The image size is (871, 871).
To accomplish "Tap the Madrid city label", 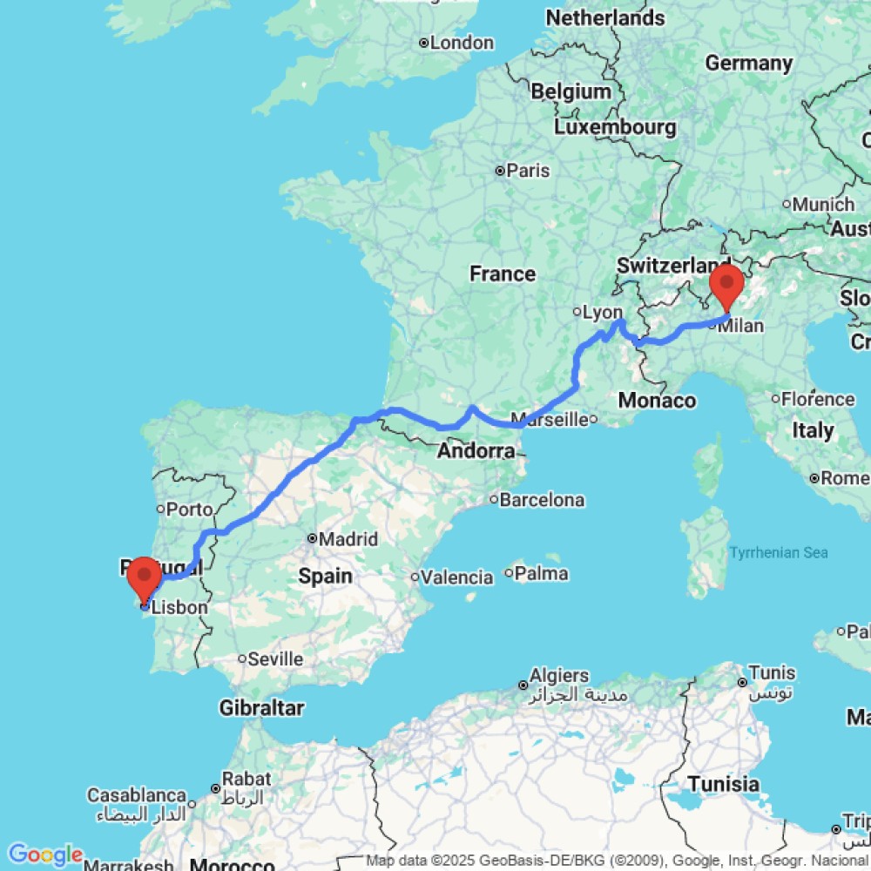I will tap(348, 540).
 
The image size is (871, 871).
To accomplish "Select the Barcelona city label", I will tap(542, 500).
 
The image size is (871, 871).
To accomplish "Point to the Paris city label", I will tap(529, 171).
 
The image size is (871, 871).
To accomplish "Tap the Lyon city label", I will tap(603, 312).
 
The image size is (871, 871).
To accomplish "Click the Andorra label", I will tap(476, 451).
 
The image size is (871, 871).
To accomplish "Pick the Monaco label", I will tap(658, 401).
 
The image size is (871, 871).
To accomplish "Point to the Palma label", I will tap(541, 573).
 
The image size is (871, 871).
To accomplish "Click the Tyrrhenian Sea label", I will tap(779, 552).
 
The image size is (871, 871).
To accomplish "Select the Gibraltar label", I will tap(261, 707).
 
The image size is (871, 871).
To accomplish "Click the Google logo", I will tap(44, 854).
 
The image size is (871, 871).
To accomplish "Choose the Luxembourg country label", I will tap(616, 127).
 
